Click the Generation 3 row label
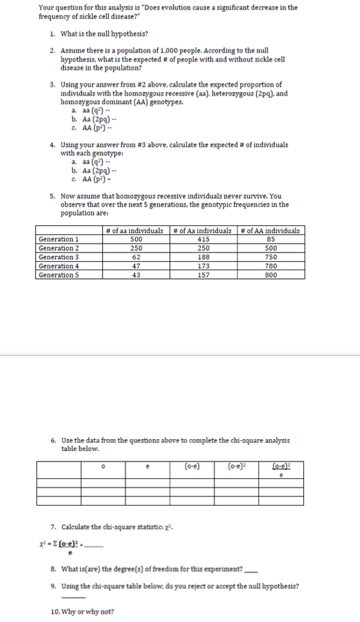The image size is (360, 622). coord(59,257)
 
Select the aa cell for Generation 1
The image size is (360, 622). coord(136,240)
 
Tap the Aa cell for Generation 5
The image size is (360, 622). coord(203,275)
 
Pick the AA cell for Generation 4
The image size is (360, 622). coord(269,266)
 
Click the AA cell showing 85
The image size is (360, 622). coord(269,240)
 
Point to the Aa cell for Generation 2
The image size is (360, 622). coord(203,248)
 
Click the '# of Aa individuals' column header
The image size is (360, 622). coord(203,230)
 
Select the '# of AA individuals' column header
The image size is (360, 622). coord(270,230)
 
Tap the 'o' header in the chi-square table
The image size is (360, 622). coord(103,466)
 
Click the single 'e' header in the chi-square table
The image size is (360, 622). coord(149,466)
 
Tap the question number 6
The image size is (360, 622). coord(53,441)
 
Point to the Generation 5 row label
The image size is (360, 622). coord(59,275)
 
